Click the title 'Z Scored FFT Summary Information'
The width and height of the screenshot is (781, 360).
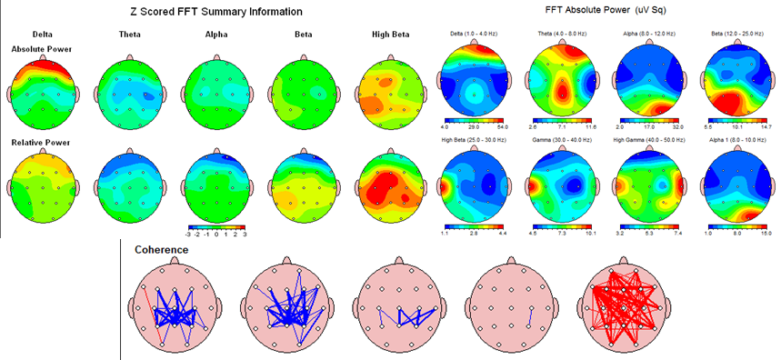[x=215, y=12]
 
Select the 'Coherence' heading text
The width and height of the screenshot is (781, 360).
[x=163, y=249]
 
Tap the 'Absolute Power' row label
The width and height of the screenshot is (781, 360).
[x=42, y=48]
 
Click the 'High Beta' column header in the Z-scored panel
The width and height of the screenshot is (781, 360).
[x=385, y=35]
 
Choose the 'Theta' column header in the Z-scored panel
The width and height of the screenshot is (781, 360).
[x=130, y=35]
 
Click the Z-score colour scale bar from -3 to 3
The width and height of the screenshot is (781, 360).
[x=215, y=225]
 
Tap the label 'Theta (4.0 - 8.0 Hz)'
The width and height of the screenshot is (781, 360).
[x=562, y=34]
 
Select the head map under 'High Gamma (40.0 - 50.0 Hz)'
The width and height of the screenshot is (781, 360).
[x=649, y=185]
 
